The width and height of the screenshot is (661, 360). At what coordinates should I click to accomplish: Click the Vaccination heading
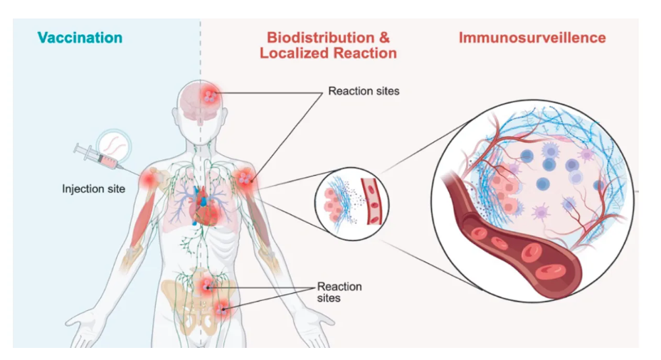[80, 38]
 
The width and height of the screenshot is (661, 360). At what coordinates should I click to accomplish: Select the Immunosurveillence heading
[532, 37]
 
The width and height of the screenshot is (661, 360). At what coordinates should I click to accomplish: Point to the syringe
[99, 157]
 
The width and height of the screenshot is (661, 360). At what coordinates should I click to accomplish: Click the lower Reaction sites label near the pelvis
[339, 292]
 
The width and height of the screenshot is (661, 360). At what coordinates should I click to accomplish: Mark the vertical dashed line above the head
[200, 50]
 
